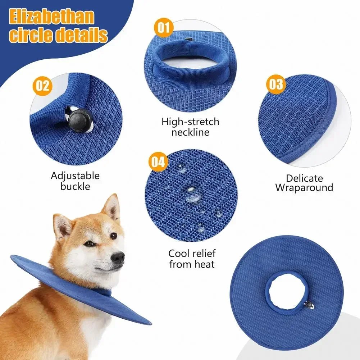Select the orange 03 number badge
point(276,85)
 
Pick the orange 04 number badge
point(158,162)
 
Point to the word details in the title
point(82,35)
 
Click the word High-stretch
point(190,122)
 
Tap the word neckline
point(190,132)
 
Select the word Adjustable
point(75,176)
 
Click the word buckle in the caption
point(75,186)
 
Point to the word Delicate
point(304,178)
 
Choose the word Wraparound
point(304,188)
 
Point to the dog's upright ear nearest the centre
point(111,207)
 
